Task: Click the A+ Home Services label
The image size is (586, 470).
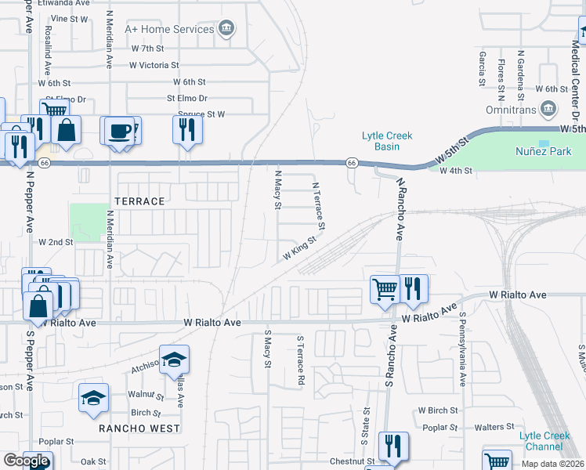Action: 170,29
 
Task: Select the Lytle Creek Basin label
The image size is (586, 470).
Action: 381,141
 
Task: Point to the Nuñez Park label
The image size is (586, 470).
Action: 544,151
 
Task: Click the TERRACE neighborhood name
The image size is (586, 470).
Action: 140,201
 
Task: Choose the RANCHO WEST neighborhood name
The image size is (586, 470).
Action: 139,428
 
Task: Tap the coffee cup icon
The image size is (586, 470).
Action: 120,132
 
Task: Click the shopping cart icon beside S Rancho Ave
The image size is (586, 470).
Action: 384,289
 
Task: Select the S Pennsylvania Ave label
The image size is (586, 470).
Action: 463,349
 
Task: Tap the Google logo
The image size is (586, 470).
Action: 26,461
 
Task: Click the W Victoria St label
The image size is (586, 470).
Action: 154,66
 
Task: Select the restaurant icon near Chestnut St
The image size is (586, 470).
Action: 392,446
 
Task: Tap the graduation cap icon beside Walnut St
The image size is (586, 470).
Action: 93,398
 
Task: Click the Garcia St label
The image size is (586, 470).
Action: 481,71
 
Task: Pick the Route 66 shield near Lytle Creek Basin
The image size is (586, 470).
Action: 352,162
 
